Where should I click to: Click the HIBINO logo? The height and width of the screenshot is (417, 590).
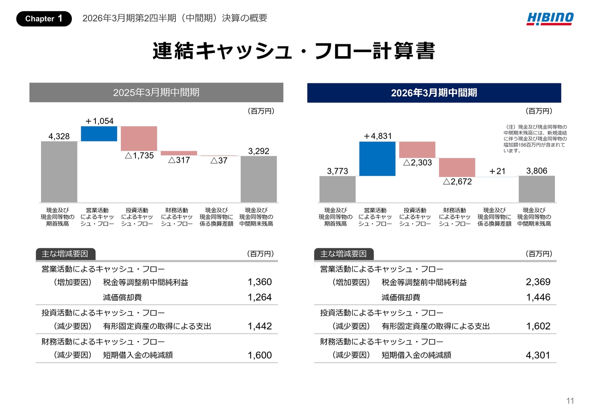pos(550,18)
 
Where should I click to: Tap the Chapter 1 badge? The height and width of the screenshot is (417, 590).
pos(44,18)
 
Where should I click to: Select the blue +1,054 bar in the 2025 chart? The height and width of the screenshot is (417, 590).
pos(99,134)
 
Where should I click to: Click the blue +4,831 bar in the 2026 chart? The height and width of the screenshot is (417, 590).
pos(378,159)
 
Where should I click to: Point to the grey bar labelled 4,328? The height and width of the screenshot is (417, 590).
pos(59,171)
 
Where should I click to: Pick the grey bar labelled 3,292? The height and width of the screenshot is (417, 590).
pos(259,179)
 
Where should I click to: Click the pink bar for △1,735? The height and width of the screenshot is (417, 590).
pos(139,138)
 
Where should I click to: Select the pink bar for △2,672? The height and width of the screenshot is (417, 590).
pos(457,167)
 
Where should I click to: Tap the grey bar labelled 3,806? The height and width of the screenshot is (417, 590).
pos(537,189)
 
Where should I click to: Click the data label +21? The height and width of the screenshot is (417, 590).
pos(497,171)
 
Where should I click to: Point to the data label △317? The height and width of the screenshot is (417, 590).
pos(179,161)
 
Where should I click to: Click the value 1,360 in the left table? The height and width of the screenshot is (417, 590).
pos(260,282)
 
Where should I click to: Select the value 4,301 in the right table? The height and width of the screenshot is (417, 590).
pos(538,355)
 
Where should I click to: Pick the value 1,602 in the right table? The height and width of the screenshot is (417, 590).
pos(538,326)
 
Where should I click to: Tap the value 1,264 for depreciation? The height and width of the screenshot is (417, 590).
pos(260,297)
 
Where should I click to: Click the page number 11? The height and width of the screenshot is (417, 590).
pos(570,401)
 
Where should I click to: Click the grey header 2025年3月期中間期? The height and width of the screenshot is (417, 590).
pos(156,93)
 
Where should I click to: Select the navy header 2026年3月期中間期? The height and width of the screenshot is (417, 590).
pos(434,93)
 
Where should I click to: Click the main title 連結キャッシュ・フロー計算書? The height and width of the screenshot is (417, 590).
pos(294,52)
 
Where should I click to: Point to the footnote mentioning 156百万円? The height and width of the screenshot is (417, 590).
pos(535,139)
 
